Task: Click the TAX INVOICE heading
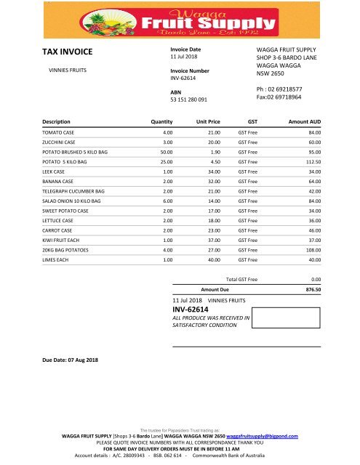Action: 68,52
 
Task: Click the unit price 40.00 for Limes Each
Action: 214,259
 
